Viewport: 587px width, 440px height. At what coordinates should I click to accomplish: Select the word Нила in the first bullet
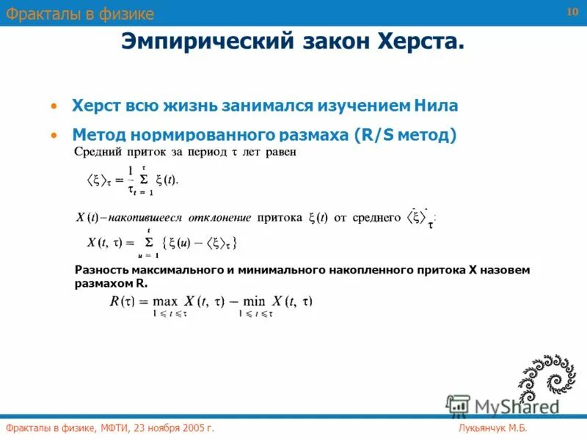point(436,106)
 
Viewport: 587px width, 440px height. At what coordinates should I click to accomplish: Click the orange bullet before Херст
point(53,106)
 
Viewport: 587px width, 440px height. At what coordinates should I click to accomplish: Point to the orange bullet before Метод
point(53,136)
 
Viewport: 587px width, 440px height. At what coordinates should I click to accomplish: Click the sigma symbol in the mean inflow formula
point(145,178)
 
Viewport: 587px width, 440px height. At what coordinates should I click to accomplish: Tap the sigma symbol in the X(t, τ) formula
point(149,242)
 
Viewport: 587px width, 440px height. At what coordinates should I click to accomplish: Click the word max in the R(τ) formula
point(166,301)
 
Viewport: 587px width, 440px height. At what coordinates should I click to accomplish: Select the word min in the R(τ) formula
point(253,301)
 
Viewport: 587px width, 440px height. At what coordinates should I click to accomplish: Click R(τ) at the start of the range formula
point(122,301)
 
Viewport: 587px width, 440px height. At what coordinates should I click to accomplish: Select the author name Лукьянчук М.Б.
point(493,428)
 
